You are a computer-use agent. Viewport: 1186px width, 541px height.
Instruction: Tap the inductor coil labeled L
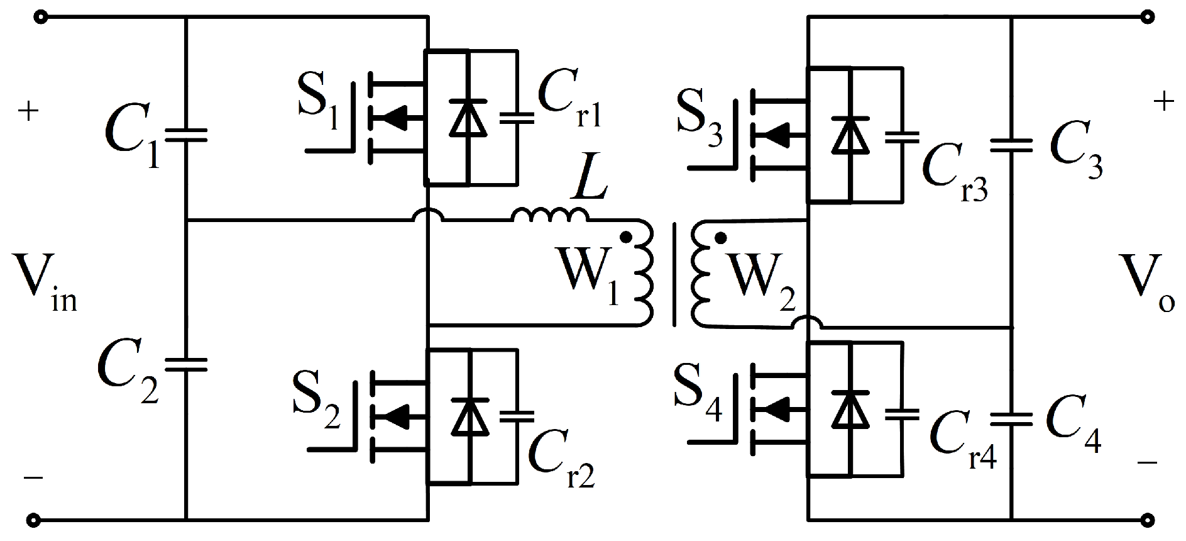551,215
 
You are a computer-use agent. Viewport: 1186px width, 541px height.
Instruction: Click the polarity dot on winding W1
625,237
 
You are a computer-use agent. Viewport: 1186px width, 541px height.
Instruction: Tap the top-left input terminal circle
41,18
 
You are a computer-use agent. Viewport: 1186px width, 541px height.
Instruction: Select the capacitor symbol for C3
1011,146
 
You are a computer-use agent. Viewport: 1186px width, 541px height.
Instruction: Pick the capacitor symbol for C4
1011,419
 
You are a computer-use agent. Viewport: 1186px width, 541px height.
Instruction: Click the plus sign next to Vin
28,112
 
